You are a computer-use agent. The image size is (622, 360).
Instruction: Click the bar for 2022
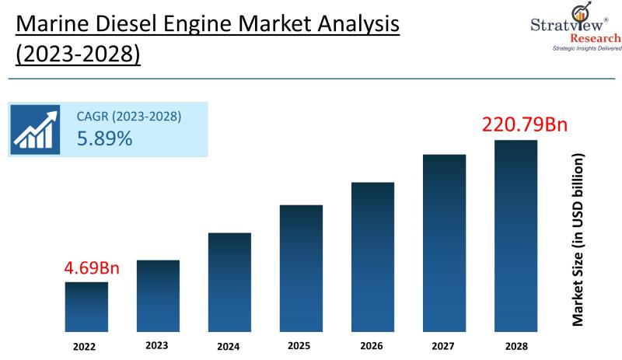tap(86, 306)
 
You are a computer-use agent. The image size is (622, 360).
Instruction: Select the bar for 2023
tap(158, 295)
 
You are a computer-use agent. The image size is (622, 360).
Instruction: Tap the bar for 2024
tap(229, 281)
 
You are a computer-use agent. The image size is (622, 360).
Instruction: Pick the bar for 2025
tap(301, 267)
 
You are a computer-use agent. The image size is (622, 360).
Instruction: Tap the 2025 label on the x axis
tap(301, 345)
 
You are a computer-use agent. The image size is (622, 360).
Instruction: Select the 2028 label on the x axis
tap(515, 345)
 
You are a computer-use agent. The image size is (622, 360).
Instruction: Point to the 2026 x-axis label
tap(372, 345)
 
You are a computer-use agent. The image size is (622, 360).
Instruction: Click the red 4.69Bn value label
tap(92, 269)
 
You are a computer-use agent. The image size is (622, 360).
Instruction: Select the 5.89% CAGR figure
tap(104, 139)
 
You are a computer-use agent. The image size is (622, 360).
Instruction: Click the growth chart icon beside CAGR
tap(37, 128)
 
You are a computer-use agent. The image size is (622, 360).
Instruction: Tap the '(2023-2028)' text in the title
tap(78, 56)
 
